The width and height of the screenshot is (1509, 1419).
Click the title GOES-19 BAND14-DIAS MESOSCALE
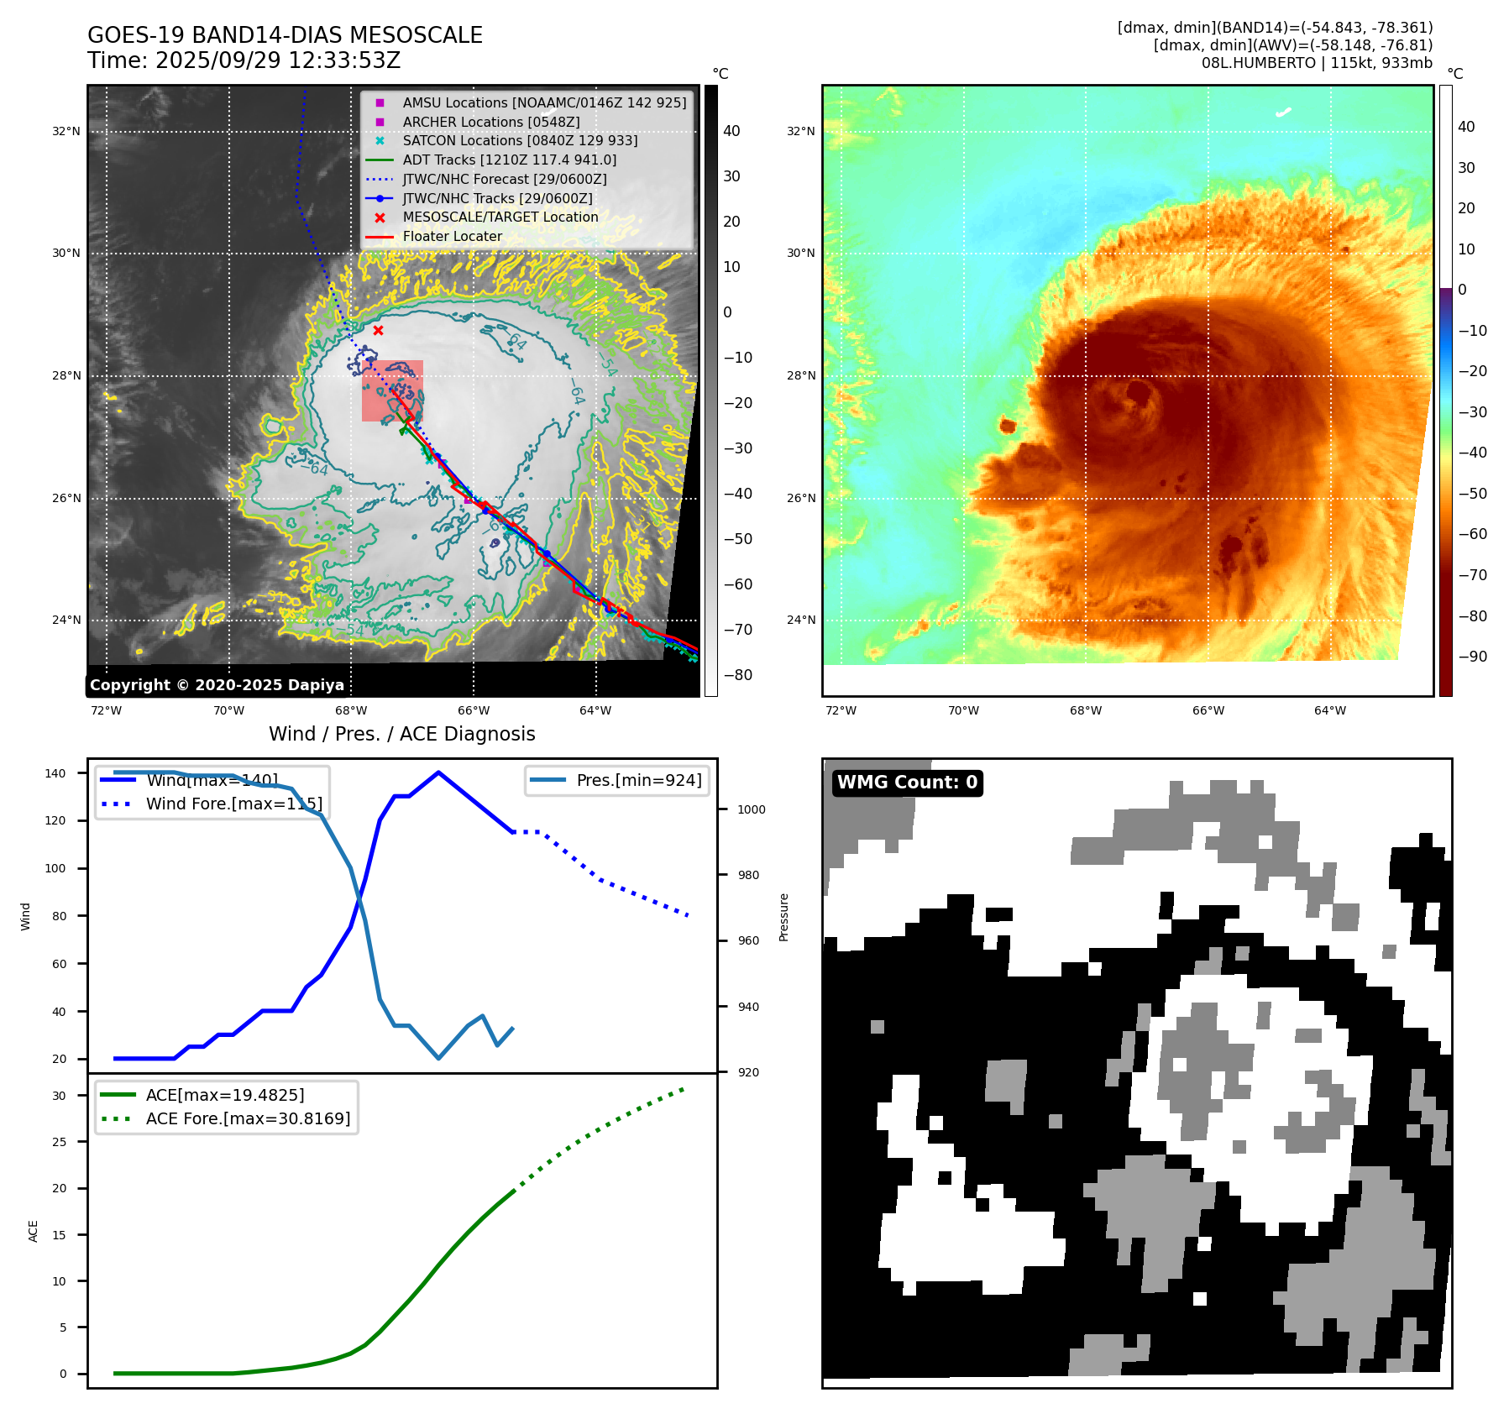(x=285, y=35)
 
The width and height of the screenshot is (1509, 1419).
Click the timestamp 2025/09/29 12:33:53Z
(x=277, y=60)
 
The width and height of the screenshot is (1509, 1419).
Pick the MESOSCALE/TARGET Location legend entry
(x=500, y=217)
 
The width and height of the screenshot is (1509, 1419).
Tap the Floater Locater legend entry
(x=452, y=236)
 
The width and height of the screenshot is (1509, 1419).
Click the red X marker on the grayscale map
(x=378, y=330)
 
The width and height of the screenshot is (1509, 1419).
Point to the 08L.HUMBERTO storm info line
(x=1316, y=63)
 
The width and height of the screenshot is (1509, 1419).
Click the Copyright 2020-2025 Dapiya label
(x=217, y=685)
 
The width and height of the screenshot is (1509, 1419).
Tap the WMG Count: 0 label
(x=907, y=783)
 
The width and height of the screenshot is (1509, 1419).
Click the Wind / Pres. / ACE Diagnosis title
(x=401, y=734)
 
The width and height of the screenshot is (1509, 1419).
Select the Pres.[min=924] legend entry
(x=638, y=780)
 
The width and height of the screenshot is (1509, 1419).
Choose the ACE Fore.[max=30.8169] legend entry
(x=248, y=1118)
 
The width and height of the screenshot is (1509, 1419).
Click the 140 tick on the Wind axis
(x=55, y=773)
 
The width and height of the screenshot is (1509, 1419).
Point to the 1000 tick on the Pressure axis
(x=752, y=809)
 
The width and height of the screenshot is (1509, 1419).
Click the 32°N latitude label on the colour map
(x=800, y=131)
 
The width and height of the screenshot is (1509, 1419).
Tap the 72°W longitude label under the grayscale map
(x=106, y=710)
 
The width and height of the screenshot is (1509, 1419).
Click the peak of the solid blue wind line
(x=438, y=772)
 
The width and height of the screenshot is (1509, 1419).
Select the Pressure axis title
(x=783, y=917)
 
